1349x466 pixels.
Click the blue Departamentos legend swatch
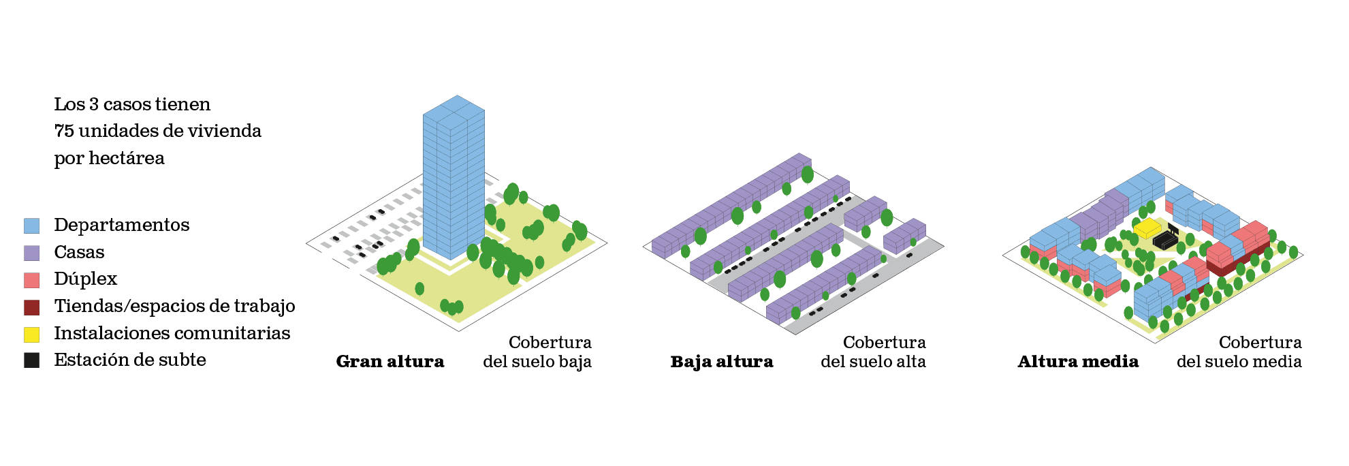point(31,226)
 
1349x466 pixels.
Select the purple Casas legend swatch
point(31,253)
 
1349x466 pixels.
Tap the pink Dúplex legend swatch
point(31,279)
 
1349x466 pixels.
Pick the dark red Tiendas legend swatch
point(31,307)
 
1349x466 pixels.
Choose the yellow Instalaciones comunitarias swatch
point(31,334)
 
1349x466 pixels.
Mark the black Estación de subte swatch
point(31,360)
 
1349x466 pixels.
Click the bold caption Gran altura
point(390,362)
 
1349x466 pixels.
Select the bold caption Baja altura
point(722,362)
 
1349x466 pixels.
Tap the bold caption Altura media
point(1078,362)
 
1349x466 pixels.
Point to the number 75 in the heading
point(64,131)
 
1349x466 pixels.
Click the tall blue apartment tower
point(453,177)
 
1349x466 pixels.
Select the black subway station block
point(1165,239)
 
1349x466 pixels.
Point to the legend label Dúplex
point(85,279)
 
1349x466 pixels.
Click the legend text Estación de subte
point(129,360)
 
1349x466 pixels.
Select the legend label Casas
point(79,252)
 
